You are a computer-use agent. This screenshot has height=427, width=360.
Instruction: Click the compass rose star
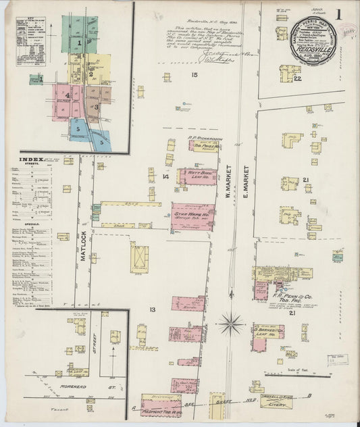(231, 324)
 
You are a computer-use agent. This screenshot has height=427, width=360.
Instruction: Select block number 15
(194, 74)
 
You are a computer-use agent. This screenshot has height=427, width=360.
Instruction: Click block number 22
(297, 78)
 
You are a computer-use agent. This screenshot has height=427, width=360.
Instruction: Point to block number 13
(153, 309)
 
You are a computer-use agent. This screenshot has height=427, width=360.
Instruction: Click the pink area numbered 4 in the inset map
(68, 97)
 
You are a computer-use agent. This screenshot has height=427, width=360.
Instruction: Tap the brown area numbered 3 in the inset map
(96, 106)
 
